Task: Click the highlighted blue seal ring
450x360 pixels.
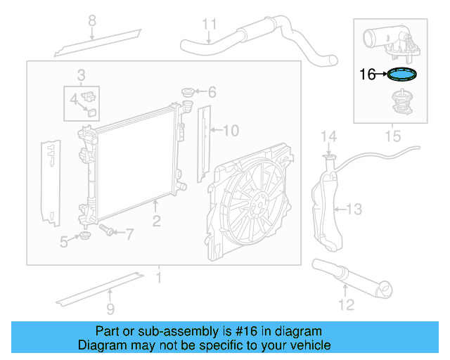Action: [x=401, y=74]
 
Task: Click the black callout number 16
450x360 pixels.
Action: [x=368, y=74]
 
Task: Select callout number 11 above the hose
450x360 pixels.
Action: [x=210, y=25]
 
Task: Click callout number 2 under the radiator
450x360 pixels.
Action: [x=156, y=221]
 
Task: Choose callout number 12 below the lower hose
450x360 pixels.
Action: [x=345, y=304]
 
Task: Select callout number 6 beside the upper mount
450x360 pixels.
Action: [x=212, y=92]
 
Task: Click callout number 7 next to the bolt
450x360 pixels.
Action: [x=129, y=233]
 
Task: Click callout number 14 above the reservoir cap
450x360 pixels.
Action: [x=329, y=136]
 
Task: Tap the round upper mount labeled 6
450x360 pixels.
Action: [x=188, y=92]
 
